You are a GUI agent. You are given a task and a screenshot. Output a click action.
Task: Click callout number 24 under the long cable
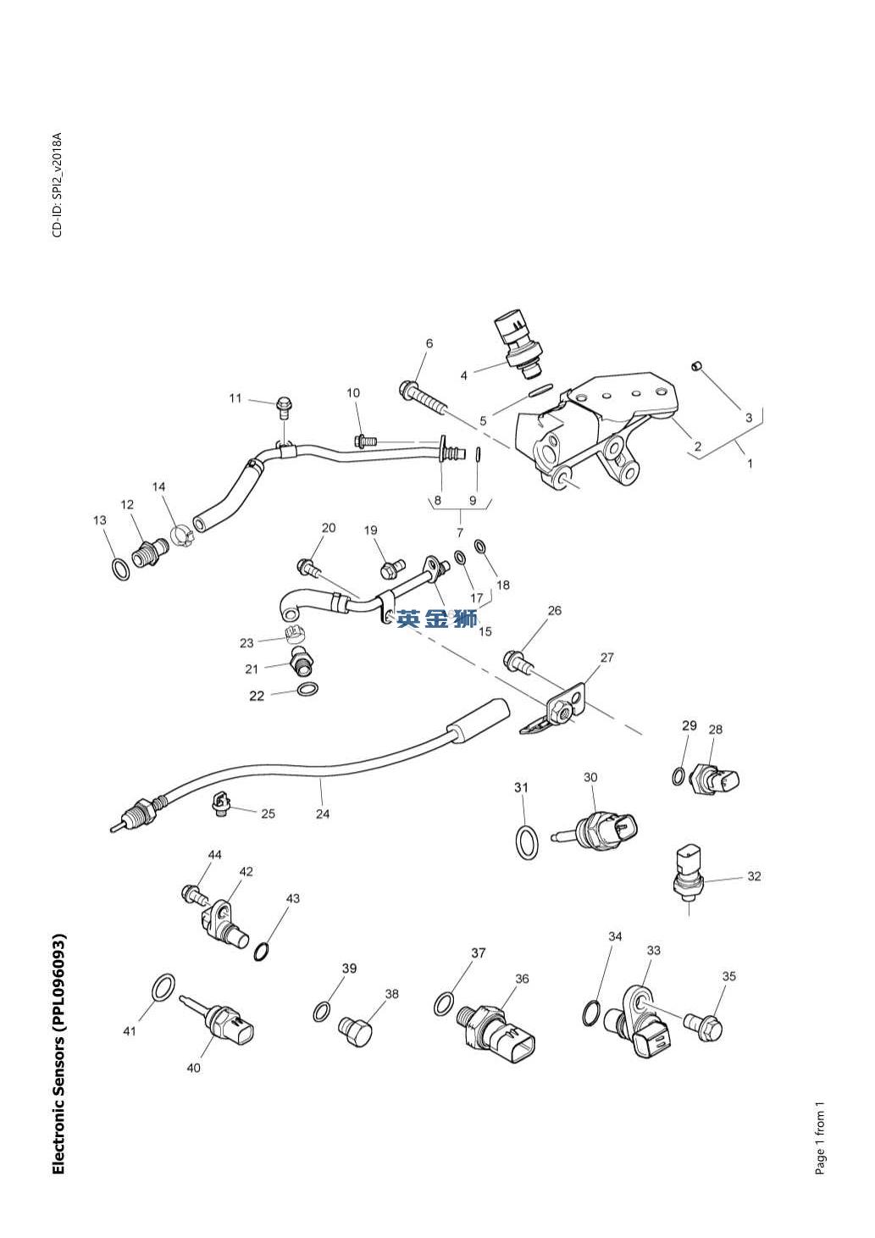tap(323, 814)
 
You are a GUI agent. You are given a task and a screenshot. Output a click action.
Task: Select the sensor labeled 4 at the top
tap(518, 343)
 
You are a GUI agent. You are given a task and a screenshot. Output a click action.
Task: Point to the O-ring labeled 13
tap(121, 569)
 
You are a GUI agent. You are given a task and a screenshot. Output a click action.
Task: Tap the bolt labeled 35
tap(704, 1027)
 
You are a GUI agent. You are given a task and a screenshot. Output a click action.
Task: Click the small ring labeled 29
tap(679, 774)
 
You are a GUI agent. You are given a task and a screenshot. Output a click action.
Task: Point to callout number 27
tap(606, 658)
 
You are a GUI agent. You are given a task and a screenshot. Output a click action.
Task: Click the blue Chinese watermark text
tap(437, 619)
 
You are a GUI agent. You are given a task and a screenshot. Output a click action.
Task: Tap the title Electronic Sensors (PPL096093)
tap(58, 1054)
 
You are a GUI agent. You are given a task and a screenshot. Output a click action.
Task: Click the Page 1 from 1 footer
tap(819, 1139)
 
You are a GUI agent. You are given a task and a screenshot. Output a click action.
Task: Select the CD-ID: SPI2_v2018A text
tap(57, 185)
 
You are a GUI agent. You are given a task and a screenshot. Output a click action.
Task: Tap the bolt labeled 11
tap(285, 409)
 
